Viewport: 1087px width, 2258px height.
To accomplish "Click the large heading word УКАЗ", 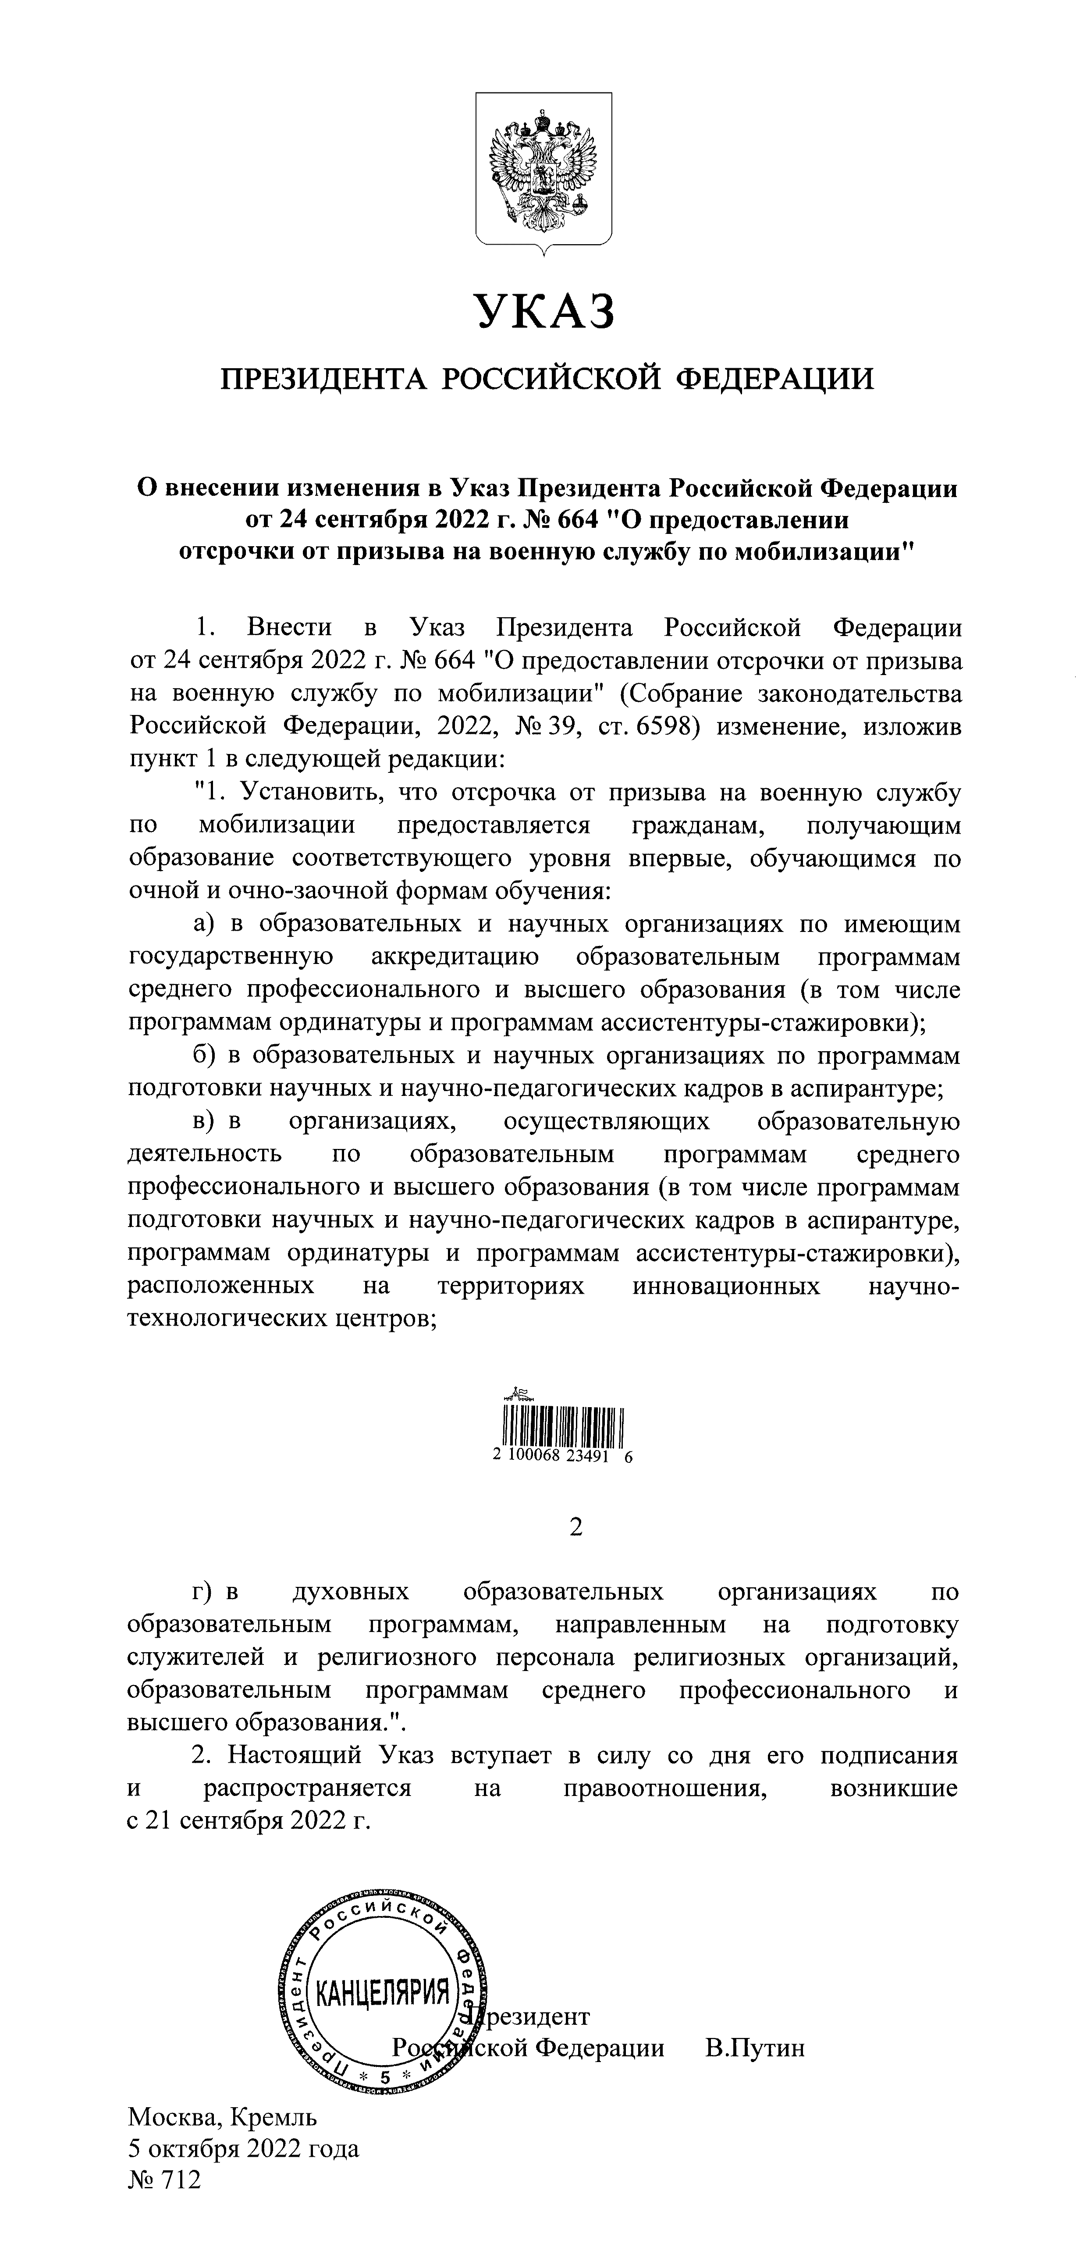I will (x=543, y=311).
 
